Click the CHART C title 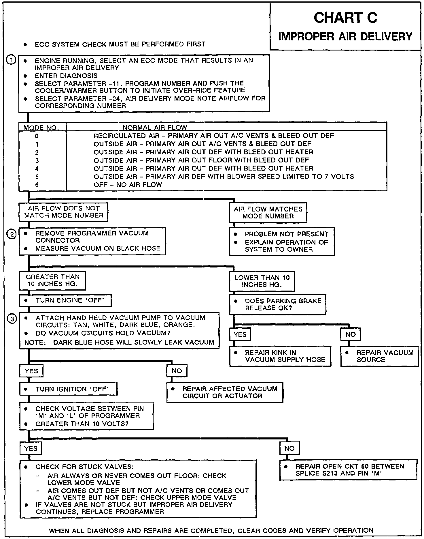pyautogui.click(x=345, y=18)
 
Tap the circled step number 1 pyautogui.click(x=11, y=60)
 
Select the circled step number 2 pyautogui.click(x=12, y=235)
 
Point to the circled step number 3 pyautogui.click(x=12, y=319)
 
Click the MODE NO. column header pyautogui.click(x=41, y=128)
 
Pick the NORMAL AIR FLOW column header pyautogui.click(x=155, y=128)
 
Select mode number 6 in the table pyautogui.click(x=37, y=185)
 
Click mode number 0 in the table pyautogui.click(x=37, y=136)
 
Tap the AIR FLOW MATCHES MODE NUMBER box pyautogui.click(x=268, y=213)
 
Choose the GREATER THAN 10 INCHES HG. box pyautogui.click(x=52, y=280)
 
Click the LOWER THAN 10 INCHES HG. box pyautogui.click(x=262, y=281)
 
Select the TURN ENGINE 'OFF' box pyautogui.click(x=65, y=301)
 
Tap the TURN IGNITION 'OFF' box pyautogui.click(x=68, y=389)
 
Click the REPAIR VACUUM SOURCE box pyautogui.click(x=379, y=356)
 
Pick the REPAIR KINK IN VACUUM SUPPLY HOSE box pyautogui.click(x=280, y=356)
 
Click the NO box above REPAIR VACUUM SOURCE pyautogui.click(x=350, y=334)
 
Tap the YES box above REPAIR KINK pyautogui.click(x=240, y=334)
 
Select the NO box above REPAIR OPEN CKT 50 pyautogui.click(x=289, y=448)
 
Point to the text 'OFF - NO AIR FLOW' pyautogui.click(x=128, y=185)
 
